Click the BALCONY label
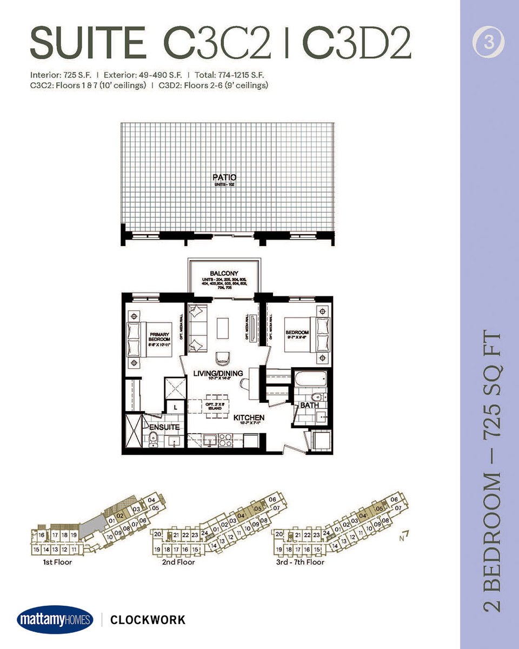pyautogui.click(x=224, y=274)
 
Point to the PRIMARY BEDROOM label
pyautogui.click(x=159, y=339)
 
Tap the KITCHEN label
pyautogui.click(x=249, y=418)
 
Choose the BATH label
pyautogui.click(x=309, y=405)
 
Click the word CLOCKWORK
pyautogui.click(x=148, y=620)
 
